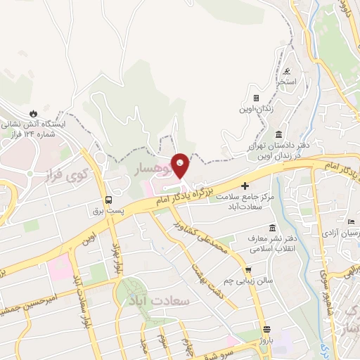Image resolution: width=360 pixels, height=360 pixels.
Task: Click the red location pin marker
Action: click(x=181, y=166)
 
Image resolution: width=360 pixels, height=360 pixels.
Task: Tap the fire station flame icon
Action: click(x=33, y=112)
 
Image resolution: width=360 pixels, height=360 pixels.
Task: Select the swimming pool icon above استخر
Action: click(x=288, y=72)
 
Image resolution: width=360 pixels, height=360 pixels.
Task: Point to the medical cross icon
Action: click(x=245, y=186)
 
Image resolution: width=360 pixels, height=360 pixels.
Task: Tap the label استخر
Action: click(x=286, y=82)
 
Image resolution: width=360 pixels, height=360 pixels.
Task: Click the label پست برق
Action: click(x=108, y=210)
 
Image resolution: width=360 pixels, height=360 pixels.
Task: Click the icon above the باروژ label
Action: click(x=266, y=329)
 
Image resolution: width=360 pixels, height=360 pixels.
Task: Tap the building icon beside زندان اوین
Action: click(x=256, y=98)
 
